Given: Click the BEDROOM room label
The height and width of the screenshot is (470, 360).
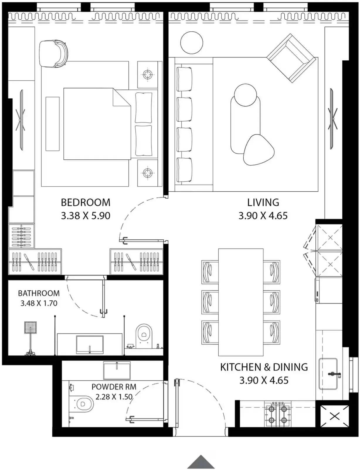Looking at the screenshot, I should pyautogui.click(x=85, y=202).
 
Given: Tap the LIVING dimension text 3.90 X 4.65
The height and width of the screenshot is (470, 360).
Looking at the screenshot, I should pyautogui.click(x=263, y=216).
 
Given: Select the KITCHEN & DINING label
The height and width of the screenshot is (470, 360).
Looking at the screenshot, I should pyautogui.click(x=264, y=367).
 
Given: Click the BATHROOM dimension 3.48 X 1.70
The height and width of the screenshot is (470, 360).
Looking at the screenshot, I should pyautogui.click(x=39, y=303).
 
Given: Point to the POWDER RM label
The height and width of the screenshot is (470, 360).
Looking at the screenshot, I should pyautogui.click(x=114, y=387).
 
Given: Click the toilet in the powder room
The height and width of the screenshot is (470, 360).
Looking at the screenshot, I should pyautogui.click(x=83, y=404).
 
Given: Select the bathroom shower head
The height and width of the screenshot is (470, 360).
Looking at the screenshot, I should pyautogui.click(x=30, y=328).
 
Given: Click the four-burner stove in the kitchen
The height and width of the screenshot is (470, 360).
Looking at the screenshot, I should pyautogui.click(x=278, y=414).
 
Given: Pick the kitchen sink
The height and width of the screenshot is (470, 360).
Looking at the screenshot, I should pyautogui.click(x=328, y=374).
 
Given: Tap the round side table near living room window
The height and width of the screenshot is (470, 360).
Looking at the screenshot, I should pyautogui.click(x=192, y=43).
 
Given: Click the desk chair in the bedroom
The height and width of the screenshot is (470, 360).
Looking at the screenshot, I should pyautogui.click(x=54, y=53).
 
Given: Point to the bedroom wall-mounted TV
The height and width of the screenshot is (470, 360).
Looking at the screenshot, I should pyautogui.click(x=21, y=120).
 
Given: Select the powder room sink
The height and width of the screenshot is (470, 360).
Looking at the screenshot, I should pyautogui.click(x=117, y=370).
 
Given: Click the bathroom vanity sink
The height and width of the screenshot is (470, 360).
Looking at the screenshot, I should pyautogui.click(x=90, y=344).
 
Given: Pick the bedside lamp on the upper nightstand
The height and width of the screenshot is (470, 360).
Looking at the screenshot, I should pyautogui.click(x=147, y=74).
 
